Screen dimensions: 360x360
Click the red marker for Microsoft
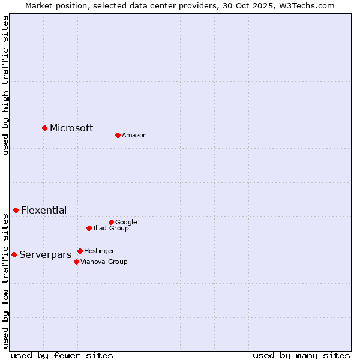tap(44, 128)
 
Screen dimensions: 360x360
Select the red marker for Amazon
tap(118, 135)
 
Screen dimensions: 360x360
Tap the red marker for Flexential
tap(16, 210)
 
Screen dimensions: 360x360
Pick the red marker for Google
tap(111, 222)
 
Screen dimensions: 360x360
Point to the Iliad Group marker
tap(89, 228)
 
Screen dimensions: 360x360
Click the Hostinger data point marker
tap(80, 251)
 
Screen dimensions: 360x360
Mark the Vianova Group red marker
tap(76, 262)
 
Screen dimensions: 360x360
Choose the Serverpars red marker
tap(14, 254)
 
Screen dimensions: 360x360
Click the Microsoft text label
tap(71, 128)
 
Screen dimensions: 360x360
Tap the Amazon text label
tap(134, 136)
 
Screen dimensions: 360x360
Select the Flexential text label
tap(44, 210)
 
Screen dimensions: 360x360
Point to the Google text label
tap(126, 223)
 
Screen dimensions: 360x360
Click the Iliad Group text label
tap(111, 229)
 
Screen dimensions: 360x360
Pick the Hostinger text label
tap(99, 251)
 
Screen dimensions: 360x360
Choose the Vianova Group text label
tap(104, 262)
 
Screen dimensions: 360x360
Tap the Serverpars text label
tap(45, 255)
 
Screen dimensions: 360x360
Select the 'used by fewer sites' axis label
tap(62, 355)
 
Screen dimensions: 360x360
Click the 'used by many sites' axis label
tap(301, 355)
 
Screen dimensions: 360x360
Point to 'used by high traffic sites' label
tap(6, 85)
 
